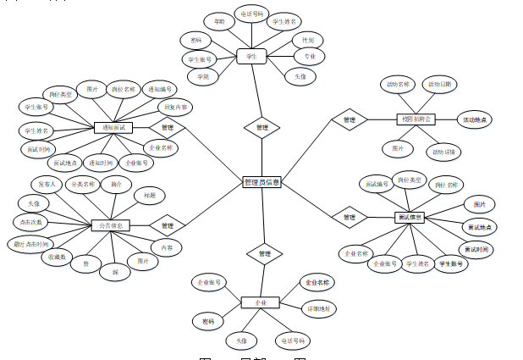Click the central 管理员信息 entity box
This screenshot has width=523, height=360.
(261, 182)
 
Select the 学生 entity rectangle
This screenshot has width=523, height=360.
(251, 57)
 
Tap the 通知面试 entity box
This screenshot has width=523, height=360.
(113, 128)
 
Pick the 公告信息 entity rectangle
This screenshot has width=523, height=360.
(110, 225)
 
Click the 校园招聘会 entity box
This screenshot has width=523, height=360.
(415, 119)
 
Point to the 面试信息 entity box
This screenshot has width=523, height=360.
(410, 218)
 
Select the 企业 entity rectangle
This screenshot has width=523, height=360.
(261, 302)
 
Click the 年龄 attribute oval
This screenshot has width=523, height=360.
(218, 19)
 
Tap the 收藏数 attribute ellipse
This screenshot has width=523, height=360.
(58, 257)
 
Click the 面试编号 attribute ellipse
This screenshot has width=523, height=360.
(375, 183)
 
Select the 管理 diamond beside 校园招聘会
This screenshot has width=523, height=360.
(349, 120)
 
